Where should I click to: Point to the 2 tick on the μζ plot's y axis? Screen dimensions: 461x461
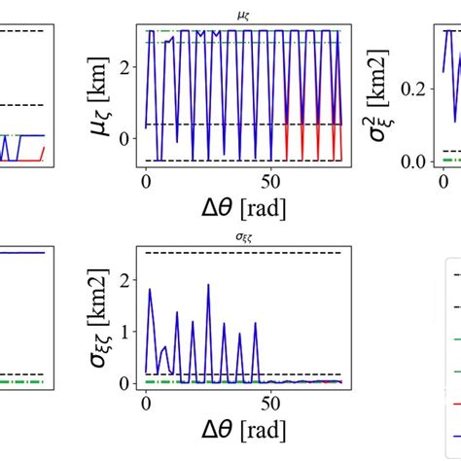pyautogui.click(x=124, y=66)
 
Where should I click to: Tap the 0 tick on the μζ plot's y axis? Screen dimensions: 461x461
pyautogui.click(x=124, y=138)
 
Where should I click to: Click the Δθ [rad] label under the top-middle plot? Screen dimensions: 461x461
pyautogui.click(x=242, y=206)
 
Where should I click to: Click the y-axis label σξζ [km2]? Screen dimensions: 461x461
pyautogui.click(x=100, y=317)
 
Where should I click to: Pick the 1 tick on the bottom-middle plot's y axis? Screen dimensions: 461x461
pyautogui.click(x=124, y=332)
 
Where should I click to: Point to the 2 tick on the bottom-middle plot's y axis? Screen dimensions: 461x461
pyautogui.click(x=124, y=280)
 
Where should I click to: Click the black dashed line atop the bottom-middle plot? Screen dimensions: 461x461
pyautogui.click(x=243, y=253)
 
